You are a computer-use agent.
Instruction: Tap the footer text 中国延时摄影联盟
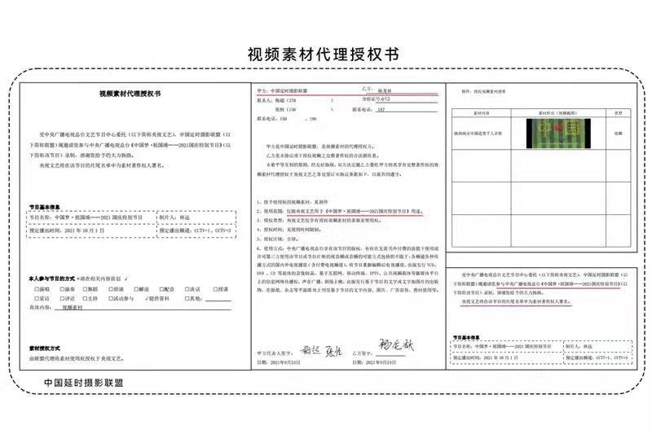[x=84, y=382]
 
